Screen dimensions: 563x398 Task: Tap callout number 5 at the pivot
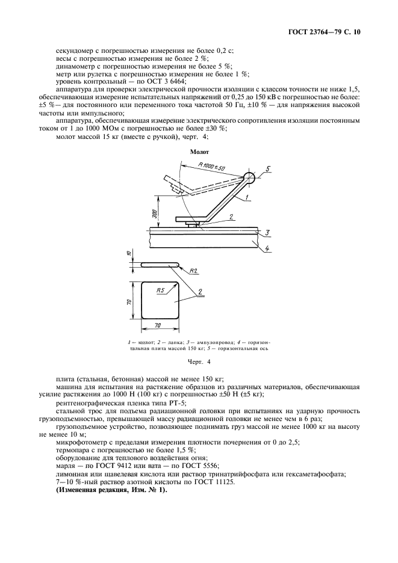[x=269, y=168]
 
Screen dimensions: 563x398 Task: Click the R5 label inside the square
[x=160, y=291]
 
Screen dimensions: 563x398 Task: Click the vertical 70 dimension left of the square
[x=129, y=301]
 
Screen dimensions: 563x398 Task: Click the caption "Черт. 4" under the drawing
[x=199, y=363]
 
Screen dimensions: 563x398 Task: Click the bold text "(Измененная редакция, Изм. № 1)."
[x=111, y=491]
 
